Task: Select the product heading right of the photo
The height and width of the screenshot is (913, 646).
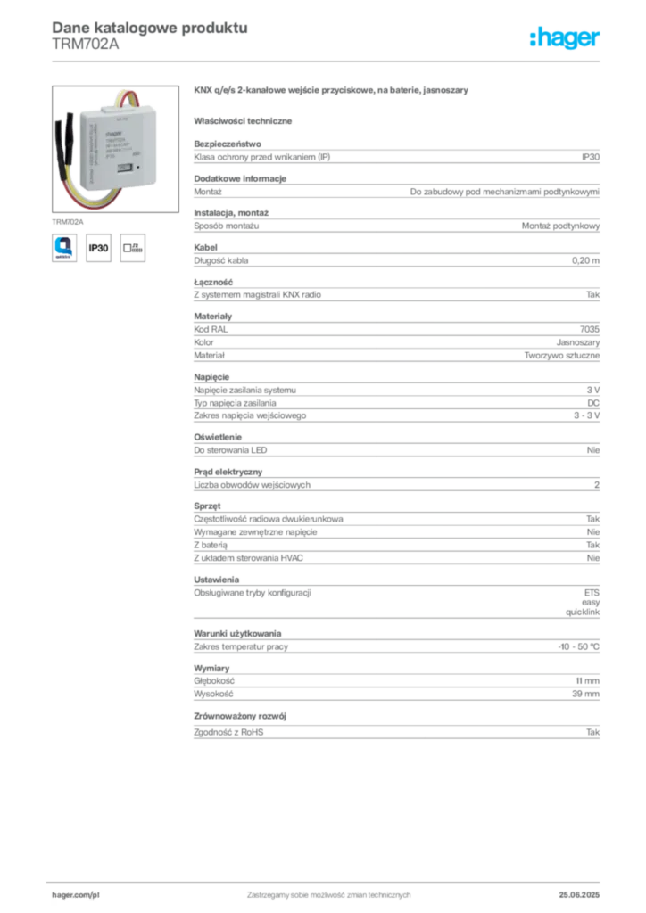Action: click(x=331, y=92)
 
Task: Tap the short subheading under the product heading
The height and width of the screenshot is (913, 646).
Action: click(x=246, y=120)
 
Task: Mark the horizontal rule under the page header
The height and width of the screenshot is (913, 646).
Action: click(x=328, y=61)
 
